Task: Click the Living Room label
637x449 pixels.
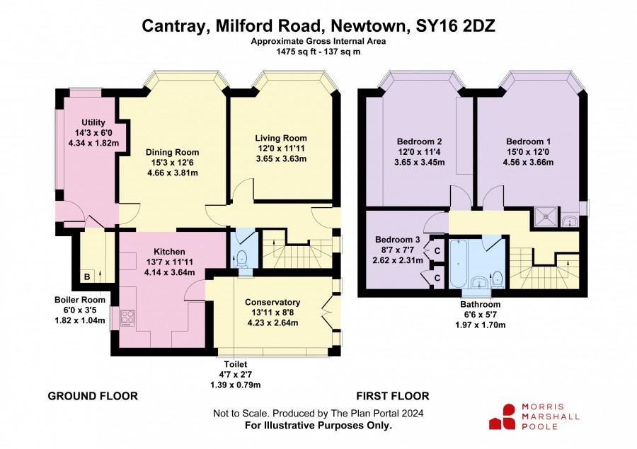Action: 281,138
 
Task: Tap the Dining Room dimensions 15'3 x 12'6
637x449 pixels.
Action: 172,163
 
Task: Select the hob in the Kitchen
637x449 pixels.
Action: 127,318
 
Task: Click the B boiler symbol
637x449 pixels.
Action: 87,277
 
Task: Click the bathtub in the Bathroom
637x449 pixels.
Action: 459,264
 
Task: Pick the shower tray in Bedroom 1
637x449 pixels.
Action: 546,216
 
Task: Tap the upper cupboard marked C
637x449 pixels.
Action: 437,251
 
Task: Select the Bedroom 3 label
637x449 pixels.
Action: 397,240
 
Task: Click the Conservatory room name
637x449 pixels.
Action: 272,303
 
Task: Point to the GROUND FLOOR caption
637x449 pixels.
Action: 93,396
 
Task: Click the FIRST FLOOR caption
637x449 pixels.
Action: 393,396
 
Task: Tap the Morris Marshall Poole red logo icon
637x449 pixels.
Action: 503,416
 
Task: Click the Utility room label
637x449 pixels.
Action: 93,122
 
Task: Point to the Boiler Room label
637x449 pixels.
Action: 80,300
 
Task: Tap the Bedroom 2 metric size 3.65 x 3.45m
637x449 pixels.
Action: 419,163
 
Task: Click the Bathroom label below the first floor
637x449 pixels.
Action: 480,305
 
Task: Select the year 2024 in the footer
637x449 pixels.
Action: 413,413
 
